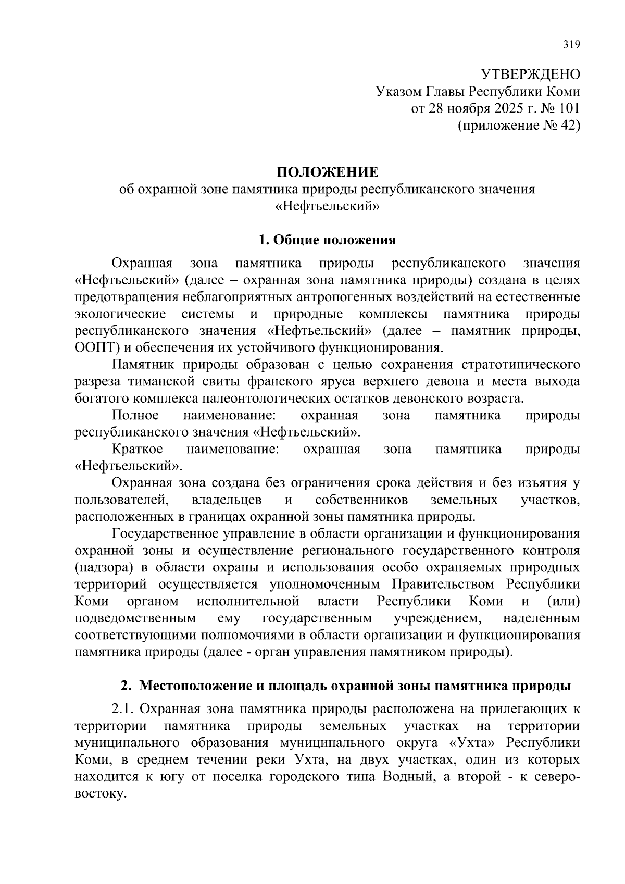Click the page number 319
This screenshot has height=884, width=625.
[571, 44]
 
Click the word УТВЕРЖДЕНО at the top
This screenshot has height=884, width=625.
[530, 74]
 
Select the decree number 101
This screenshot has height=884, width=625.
[569, 108]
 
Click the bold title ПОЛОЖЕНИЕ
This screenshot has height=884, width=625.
[327, 172]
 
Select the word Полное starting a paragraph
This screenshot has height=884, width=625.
[135, 415]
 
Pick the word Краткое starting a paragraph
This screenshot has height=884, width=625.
[137, 449]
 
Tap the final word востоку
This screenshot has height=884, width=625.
[99, 794]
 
